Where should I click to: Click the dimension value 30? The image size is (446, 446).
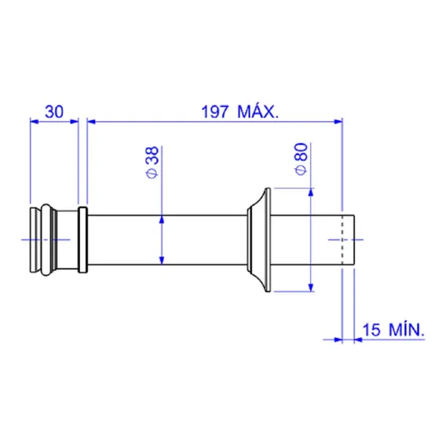(x=54, y=111)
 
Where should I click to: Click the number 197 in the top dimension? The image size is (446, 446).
(x=214, y=111)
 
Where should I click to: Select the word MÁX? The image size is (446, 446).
(x=258, y=111)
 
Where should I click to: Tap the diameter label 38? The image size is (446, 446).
(x=153, y=155)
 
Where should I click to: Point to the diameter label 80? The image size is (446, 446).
(x=302, y=152)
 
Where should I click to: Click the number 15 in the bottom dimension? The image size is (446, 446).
(x=371, y=330)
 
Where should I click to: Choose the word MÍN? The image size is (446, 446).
(x=407, y=329)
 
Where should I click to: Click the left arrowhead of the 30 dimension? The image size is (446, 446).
(x=34, y=122)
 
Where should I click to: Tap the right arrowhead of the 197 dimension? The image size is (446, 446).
(x=338, y=122)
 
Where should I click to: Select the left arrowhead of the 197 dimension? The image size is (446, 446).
(x=92, y=122)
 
